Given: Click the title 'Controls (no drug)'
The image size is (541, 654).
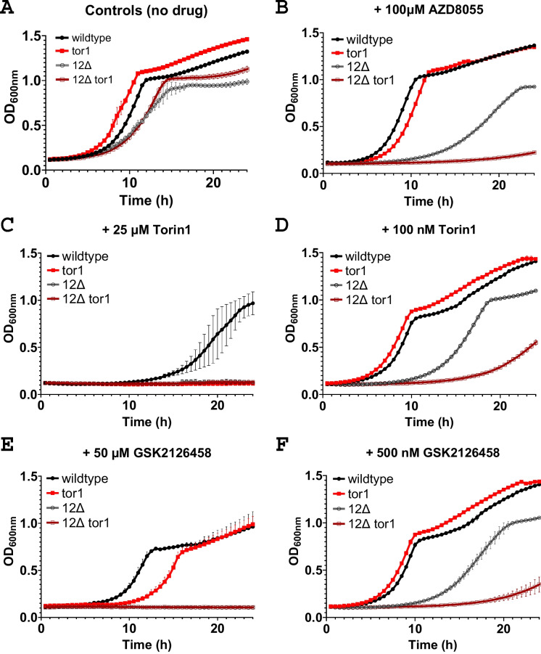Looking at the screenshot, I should tap(133, 12).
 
